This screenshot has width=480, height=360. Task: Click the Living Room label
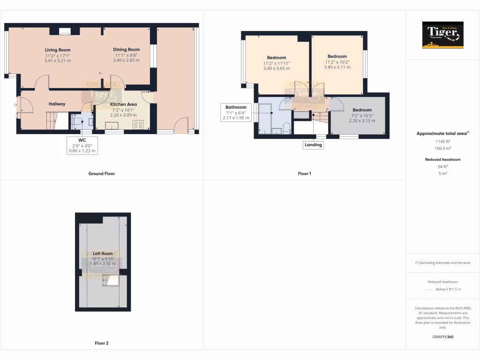pyautogui.click(x=57, y=50)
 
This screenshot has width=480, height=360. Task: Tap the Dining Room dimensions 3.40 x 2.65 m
pyautogui.click(x=126, y=60)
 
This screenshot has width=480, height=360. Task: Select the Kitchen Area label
pyautogui.click(x=123, y=104)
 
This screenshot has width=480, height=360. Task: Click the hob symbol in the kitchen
pyautogui.click(x=138, y=125)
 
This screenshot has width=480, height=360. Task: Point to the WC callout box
pyautogui.click(x=82, y=145)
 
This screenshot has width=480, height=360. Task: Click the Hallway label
pyautogui.click(x=57, y=104)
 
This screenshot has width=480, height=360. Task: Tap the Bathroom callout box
pyautogui.click(x=236, y=112)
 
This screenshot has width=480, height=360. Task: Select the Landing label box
pyautogui.click(x=313, y=145)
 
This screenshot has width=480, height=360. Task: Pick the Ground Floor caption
pyautogui.click(x=101, y=173)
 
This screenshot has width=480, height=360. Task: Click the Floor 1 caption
pyautogui.click(x=304, y=173)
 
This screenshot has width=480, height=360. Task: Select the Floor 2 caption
pyautogui.click(x=101, y=343)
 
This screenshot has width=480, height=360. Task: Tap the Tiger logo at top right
pyautogui.click(x=442, y=35)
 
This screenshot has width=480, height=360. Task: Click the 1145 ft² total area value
pyautogui.click(x=442, y=141)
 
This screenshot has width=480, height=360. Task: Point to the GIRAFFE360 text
pyautogui.click(x=442, y=337)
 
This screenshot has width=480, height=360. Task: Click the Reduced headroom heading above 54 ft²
pyautogui.click(x=442, y=159)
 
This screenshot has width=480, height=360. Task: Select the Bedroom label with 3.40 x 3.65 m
pyautogui.click(x=276, y=58)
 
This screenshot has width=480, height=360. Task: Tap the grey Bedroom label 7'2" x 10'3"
pyautogui.click(x=362, y=110)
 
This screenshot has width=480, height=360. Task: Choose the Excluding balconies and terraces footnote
pyautogui.click(x=442, y=262)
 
